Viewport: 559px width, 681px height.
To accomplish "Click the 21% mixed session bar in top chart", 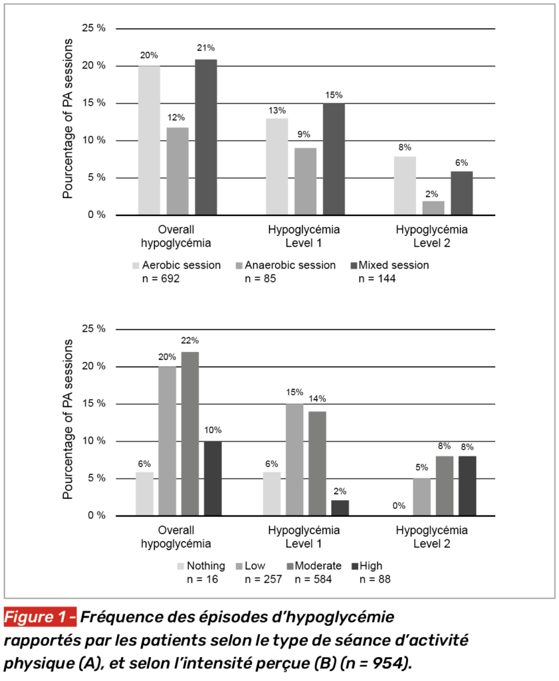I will [x=206, y=137].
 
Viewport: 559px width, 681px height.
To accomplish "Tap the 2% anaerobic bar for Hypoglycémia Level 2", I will [x=433, y=207].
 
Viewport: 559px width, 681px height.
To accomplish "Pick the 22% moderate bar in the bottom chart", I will [x=190, y=434].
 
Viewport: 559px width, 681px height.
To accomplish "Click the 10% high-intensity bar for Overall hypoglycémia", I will [x=214, y=478].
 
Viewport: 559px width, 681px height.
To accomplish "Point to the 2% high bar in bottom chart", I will [x=339, y=507].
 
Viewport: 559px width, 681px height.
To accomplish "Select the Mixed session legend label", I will [x=394, y=265].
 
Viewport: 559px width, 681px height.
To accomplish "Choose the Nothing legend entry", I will [x=206, y=566].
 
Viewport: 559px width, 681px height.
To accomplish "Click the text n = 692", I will [x=161, y=279].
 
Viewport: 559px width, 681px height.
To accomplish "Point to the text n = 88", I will [x=375, y=579].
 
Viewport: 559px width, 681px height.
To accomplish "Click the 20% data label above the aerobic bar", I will [x=149, y=55].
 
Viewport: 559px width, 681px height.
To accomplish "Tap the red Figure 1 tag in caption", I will [x=41, y=617].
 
